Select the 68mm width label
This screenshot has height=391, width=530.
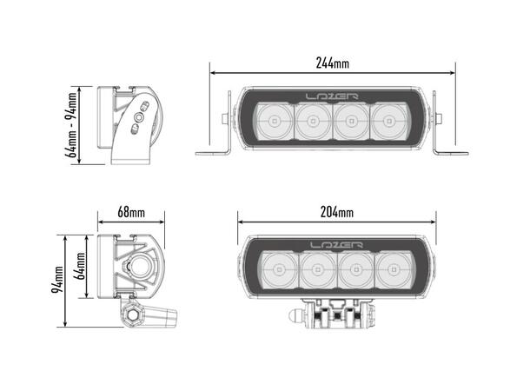pos(130,212)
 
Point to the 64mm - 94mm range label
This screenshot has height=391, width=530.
pos(72,123)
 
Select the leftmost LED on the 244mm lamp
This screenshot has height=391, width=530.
pos(275,122)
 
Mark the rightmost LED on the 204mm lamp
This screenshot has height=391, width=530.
pos(395,271)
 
